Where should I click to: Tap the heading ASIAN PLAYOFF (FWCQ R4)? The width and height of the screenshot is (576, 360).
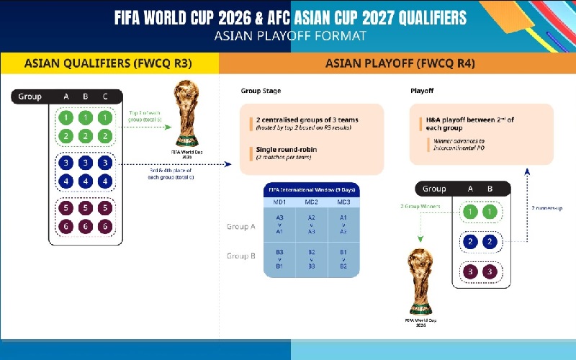tap(400, 63)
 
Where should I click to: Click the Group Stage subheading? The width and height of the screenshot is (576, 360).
tap(261, 91)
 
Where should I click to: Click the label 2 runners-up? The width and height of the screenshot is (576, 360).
tap(546, 208)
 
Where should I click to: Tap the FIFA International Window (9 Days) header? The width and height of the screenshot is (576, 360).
tap(311, 189)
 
